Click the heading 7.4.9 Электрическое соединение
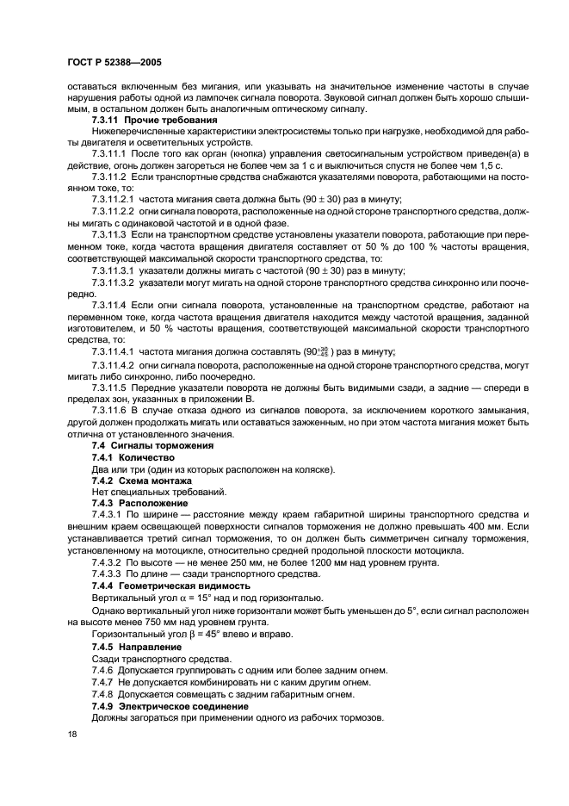pyautogui.click(x=170, y=705)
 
